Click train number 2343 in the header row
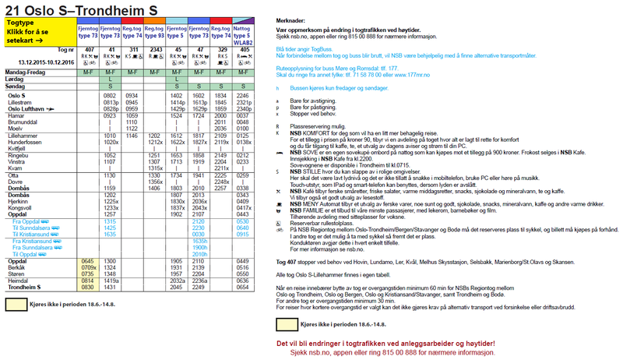pos(156,49)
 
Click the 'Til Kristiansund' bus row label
pos(31,234)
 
